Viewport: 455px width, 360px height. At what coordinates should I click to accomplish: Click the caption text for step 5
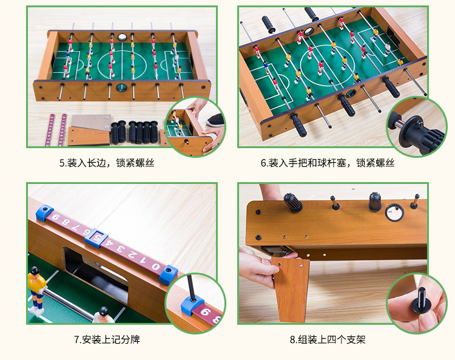coord(107,163)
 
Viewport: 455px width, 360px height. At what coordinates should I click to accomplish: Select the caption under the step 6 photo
coord(328,163)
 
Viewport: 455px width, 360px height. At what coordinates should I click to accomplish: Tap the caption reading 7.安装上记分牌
coord(107,339)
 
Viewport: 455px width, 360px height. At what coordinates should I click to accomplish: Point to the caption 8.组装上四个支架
coord(328,339)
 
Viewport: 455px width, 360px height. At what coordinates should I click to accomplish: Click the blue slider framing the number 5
coord(96,238)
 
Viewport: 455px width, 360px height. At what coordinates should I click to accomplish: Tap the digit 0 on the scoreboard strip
coord(156,267)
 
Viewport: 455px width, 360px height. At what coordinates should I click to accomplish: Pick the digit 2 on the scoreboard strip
coord(133,255)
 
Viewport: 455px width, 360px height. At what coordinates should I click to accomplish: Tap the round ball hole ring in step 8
coord(394,213)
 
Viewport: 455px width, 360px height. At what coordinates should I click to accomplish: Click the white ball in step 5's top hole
coord(122,37)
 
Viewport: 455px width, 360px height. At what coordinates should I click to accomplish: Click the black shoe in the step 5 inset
coord(216,120)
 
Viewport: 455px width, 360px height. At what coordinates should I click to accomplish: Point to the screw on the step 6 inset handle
coord(419,123)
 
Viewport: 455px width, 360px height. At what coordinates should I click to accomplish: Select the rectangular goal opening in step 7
coord(96,274)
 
